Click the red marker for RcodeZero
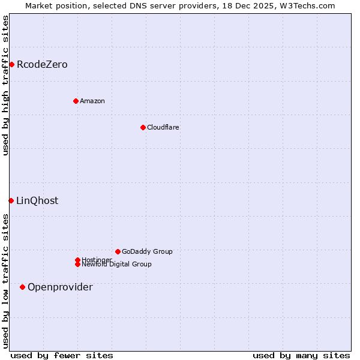11,64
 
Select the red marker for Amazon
76,101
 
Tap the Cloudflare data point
143,127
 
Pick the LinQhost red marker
11,200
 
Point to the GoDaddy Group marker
118,251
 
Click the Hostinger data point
77,260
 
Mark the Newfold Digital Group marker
77,264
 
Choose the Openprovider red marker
22,287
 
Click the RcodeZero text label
42,64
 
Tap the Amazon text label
92,101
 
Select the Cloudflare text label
163,127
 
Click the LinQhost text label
37,200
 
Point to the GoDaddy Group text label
147,251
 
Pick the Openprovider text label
60,287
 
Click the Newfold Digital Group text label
116,265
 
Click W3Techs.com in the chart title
306,5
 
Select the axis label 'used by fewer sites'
62,355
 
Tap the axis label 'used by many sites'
301,355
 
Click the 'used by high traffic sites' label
5,85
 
